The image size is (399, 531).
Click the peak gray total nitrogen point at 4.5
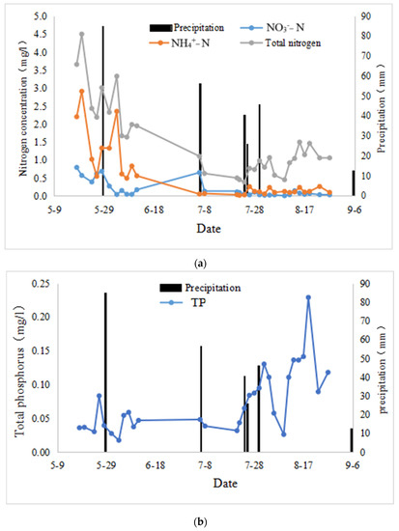pyautogui.click(x=82, y=34)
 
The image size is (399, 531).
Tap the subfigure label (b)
pyautogui.click(x=200, y=521)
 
